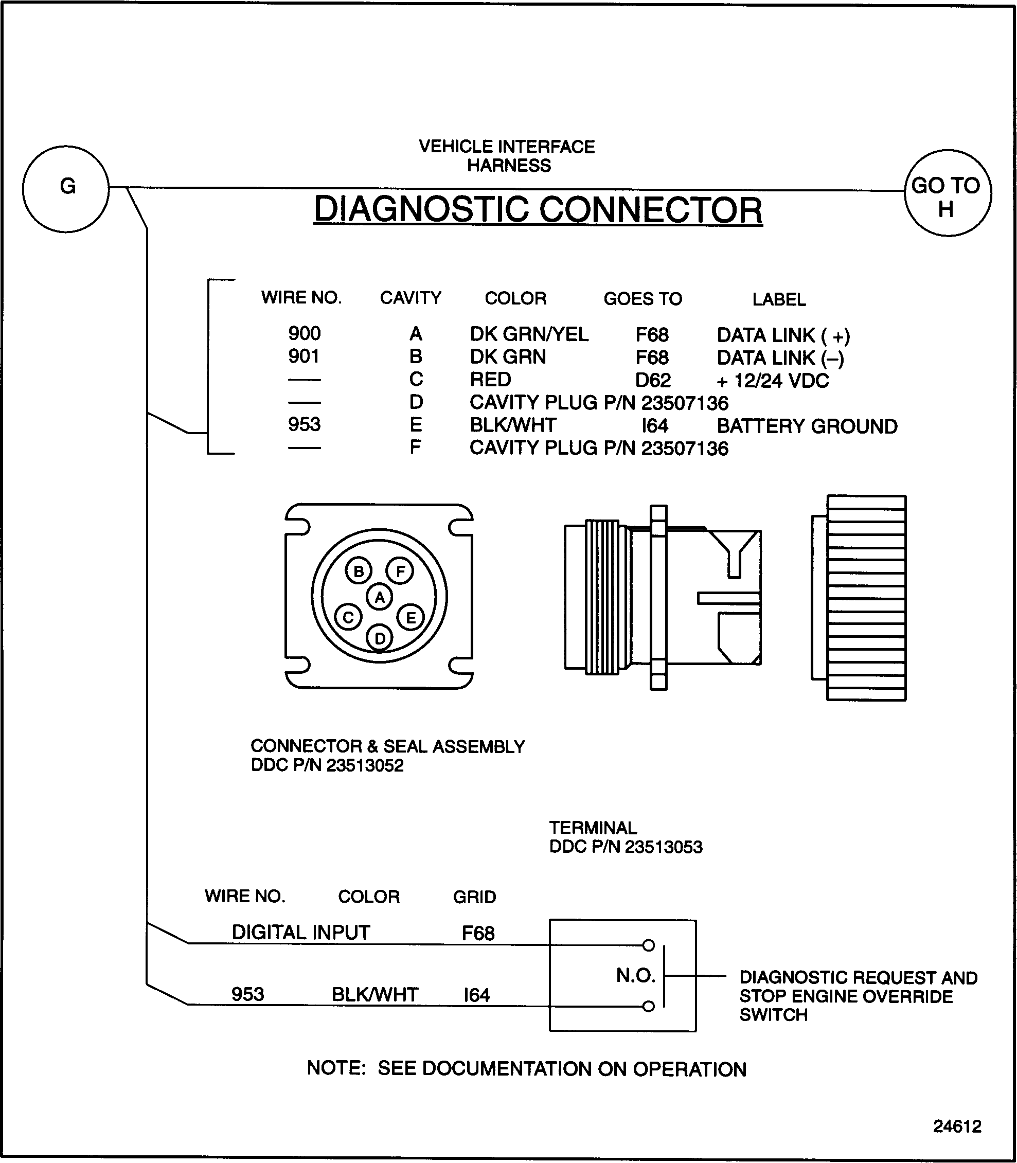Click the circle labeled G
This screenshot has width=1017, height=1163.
pyautogui.click(x=66, y=188)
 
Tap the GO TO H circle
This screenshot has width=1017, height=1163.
pyautogui.click(x=947, y=193)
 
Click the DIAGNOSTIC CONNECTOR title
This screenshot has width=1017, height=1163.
pyautogui.click(x=538, y=209)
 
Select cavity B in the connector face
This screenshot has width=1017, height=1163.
pyautogui.click(x=359, y=571)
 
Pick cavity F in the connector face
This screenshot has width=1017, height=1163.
pyautogui.click(x=400, y=571)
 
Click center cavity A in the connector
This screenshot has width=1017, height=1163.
pyautogui.click(x=380, y=597)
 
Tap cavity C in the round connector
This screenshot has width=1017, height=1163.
pyautogui.click(x=348, y=618)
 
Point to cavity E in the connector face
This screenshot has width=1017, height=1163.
pyautogui.click(x=411, y=618)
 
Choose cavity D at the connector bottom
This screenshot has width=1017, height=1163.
pyautogui.click(x=380, y=638)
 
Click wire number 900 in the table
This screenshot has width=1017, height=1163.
pyautogui.click(x=304, y=333)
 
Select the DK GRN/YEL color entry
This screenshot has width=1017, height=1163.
pyautogui.click(x=529, y=334)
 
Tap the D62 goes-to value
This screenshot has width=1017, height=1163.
pyautogui.click(x=653, y=380)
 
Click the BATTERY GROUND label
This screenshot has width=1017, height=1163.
pyautogui.click(x=807, y=426)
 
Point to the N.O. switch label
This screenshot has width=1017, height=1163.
pyautogui.click(x=636, y=976)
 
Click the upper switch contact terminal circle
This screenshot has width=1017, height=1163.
pyautogui.click(x=649, y=945)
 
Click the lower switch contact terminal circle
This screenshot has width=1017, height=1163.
pyautogui.click(x=649, y=1006)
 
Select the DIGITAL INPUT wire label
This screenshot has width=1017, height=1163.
pyautogui.click(x=301, y=932)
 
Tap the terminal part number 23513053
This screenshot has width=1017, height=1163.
pyautogui.click(x=664, y=847)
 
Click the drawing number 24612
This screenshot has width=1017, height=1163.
pyautogui.click(x=957, y=1125)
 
